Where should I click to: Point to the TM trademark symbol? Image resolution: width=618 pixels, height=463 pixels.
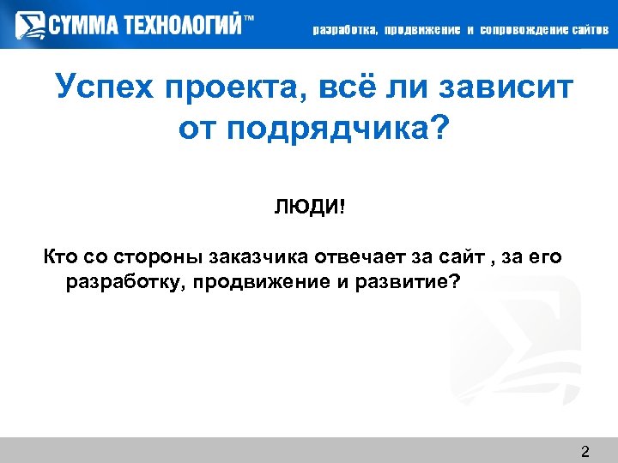[x=250, y=18]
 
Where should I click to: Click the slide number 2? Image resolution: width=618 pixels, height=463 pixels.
[x=585, y=451]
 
